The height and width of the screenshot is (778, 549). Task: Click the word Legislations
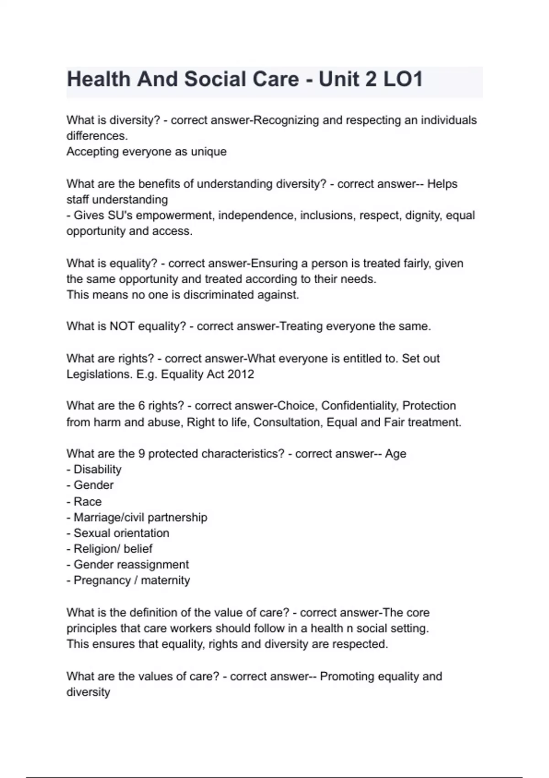coord(99,374)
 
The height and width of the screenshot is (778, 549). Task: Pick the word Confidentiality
coord(359,406)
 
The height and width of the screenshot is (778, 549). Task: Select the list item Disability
coord(97,470)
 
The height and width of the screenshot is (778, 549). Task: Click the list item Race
coord(87,502)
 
